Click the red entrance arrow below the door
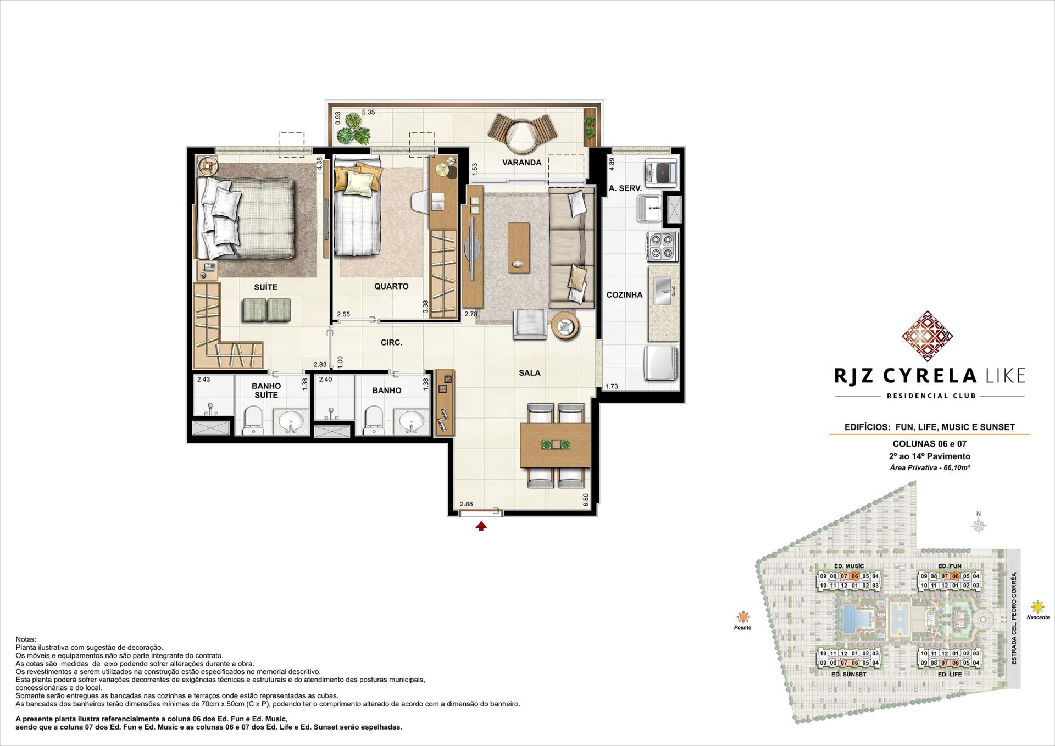[x=481, y=526]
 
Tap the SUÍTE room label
[x=265, y=287]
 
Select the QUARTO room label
[x=391, y=286]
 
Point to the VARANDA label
[x=521, y=163]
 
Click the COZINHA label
[x=624, y=295]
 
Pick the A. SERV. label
[x=625, y=188]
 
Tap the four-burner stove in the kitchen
[x=662, y=246]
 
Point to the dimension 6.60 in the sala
[x=586, y=500]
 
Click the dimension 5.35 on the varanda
[x=368, y=113]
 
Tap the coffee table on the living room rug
[x=519, y=247]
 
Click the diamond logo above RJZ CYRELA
[x=928, y=336]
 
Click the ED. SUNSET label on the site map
[x=848, y=674]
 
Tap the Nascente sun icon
[x=1037, y=607]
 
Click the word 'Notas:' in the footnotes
[x=26, y=639]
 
